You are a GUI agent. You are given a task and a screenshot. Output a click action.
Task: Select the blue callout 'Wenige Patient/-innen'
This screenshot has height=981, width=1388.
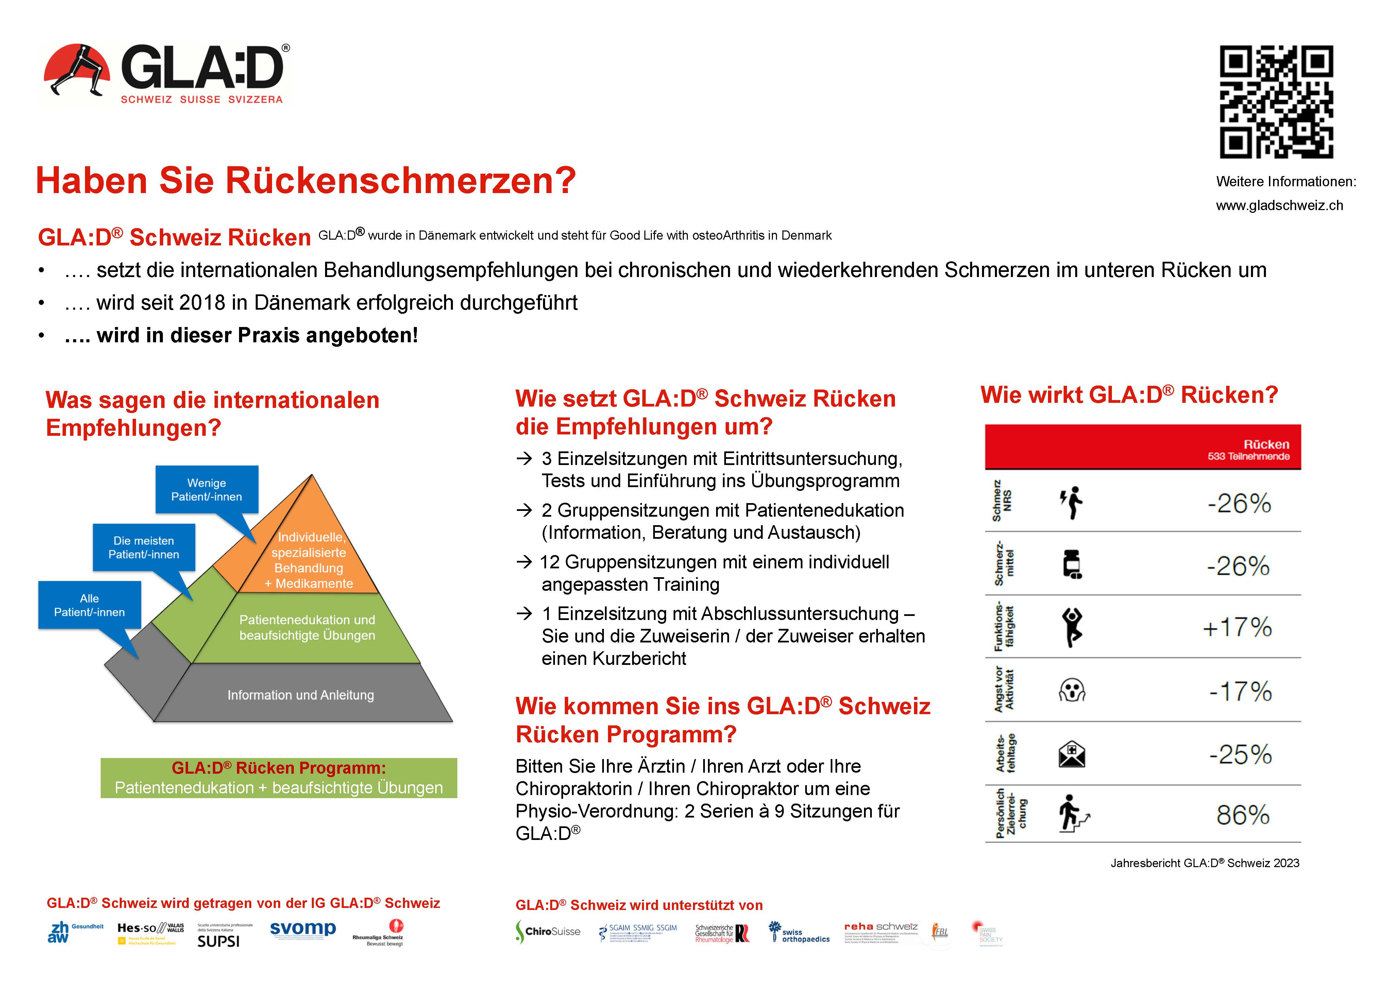pos(207,489)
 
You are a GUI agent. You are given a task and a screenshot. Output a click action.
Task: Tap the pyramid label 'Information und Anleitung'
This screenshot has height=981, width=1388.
pos(301,695)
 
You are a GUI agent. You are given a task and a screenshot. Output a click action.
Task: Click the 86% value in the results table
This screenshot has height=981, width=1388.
pos(1243,815)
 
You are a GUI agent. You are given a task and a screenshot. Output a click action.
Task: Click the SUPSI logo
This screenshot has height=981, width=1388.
pos(219,941)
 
